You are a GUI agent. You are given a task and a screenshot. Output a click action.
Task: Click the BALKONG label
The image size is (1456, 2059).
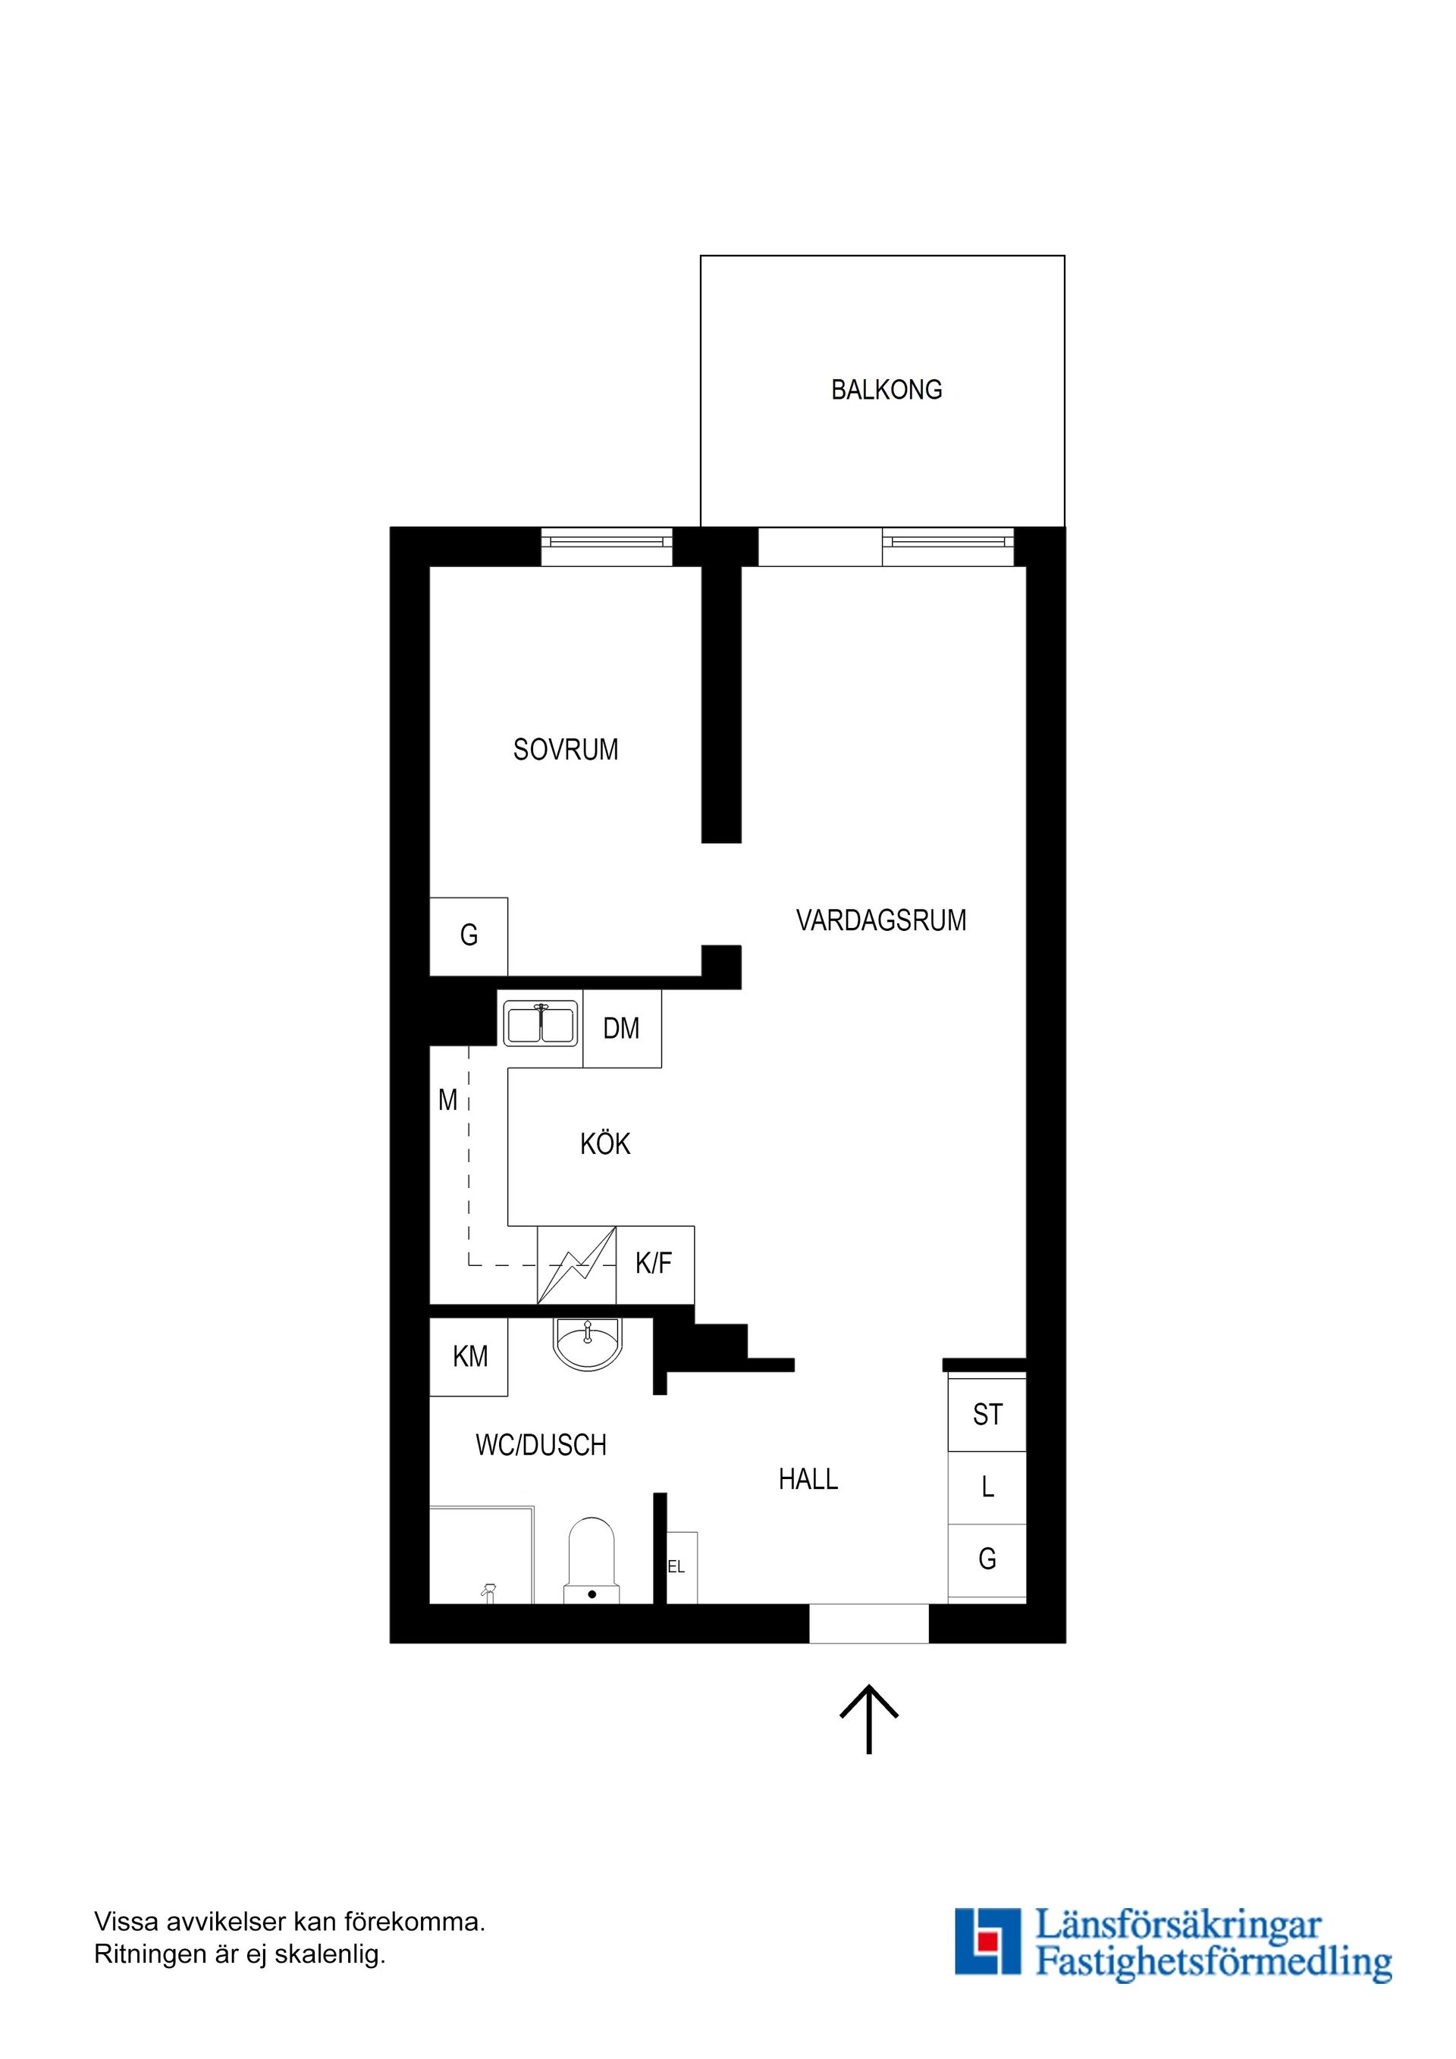coord(886,390)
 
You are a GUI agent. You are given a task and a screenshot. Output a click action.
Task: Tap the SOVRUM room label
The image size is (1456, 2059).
coord(565,750)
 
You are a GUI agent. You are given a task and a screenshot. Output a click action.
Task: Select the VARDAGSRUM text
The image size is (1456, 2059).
coord(881,920)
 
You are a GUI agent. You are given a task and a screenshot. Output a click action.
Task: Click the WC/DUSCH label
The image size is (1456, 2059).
coord(541,1445)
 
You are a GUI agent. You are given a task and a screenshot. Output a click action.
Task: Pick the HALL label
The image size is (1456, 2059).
coord(808,1479)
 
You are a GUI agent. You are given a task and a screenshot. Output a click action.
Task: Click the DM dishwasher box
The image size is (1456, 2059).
coord(622,1028)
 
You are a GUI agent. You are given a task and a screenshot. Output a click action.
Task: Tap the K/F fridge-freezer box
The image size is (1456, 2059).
coord(655,1265)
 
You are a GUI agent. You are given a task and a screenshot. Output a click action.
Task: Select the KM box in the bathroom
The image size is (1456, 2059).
coord(469,1357)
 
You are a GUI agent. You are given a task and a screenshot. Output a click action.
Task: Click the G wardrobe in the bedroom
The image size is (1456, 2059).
coord(469,936)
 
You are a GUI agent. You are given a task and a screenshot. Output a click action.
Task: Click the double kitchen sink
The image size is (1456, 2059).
coord(540,1024)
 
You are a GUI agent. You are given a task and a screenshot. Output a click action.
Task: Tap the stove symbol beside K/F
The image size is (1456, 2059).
coord(577,1265)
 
